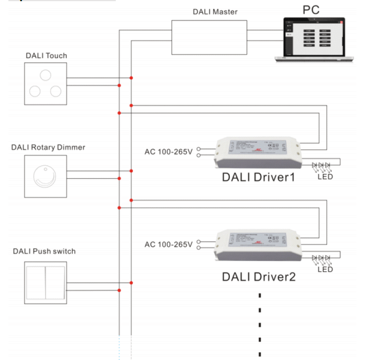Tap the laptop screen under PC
click(x=314, y=37)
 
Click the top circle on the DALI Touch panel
click(x=45, y=74)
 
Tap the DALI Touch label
click(x=46, y=56)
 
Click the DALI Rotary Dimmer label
click(x=48, y=148)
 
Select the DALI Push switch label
click(x=44, y=251)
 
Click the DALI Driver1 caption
click(x=259, y=177)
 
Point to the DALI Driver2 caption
click(x=259, y=277)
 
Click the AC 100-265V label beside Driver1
click(x=169, y=152)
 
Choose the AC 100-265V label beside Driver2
click(x=169, y=244)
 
